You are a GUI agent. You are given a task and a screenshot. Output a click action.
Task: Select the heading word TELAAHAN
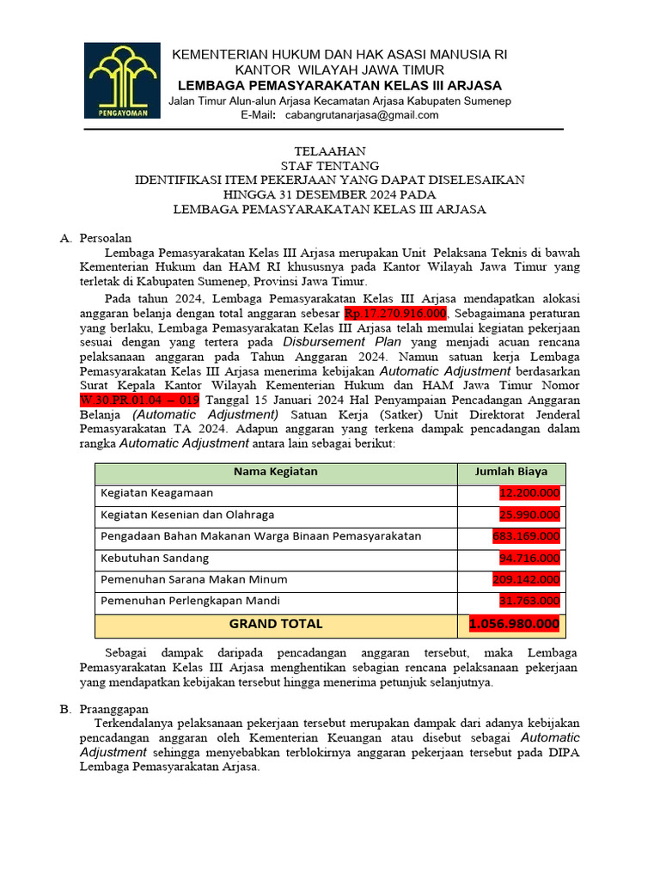click(x=329, y=151)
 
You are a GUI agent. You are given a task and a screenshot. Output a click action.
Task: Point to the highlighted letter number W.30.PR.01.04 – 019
click(x=140, y=400)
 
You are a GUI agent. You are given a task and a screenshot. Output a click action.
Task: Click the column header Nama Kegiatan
click(x=275, y=472)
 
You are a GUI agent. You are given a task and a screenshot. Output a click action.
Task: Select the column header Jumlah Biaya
click(x=510, y=472)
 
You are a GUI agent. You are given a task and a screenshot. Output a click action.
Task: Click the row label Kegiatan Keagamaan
click(x=156, y=493)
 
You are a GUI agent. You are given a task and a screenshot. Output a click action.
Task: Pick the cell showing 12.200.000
click(x=529, y=493)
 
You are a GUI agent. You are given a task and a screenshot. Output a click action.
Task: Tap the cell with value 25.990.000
click(x=529, y=515)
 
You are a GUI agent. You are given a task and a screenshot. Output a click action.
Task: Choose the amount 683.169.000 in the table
click(x=526, y=536)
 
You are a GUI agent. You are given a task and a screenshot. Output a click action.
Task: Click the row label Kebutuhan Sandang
click(x=155, y=558)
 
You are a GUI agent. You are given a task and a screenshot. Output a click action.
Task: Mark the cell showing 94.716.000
click(x=529, y=558)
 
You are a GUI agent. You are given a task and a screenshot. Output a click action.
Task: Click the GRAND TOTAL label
click(x=276, y=624)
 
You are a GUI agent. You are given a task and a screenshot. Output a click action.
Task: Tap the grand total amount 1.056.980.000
click(x=514, y=624)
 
